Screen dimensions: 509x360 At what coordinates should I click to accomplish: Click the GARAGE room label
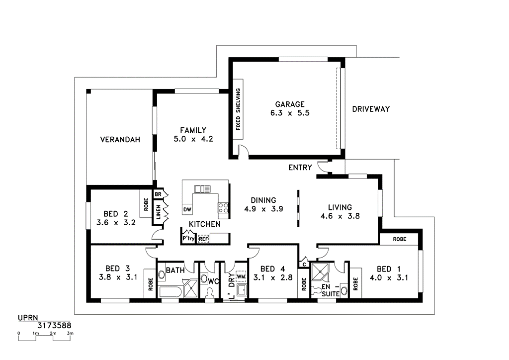pyautogui.click(x=290, y=104)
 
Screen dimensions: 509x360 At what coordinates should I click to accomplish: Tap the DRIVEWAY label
pyautogui.click(x=371, y=109)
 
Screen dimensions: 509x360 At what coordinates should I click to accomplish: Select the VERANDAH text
pyautogui.click(x=120, y=140)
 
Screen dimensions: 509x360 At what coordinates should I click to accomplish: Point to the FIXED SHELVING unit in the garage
pyautogui.click(x=238, y=109)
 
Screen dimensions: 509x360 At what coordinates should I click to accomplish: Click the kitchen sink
pyautogui.click(x=202, y=188)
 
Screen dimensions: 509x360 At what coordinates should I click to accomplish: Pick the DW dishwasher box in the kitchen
pyautogui.click(x=187, y=209)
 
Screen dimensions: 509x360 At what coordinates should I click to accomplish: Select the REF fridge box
pyautogui.click(x=203, y=239)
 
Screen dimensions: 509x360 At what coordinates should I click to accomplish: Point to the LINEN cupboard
pyautogui.click(x=159, y=212)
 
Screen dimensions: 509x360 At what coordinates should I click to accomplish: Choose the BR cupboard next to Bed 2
pyautogui.click(x=159, y=194)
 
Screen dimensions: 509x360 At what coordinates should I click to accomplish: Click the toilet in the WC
pyautogui.click(x=209, y=293)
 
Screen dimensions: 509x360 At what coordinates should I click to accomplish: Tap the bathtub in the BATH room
pyautogui.click(x=170, y=292)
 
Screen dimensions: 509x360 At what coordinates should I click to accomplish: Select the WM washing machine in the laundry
pyautogui.click(x=241, y=276)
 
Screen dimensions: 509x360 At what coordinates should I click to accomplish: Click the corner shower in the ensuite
pyautogui.click(x=321, y=272)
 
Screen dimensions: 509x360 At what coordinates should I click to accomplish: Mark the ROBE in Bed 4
pyautogui.click(x=304, y=284)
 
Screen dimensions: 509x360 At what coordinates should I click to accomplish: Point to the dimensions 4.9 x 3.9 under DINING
pyautogui.click(x=263, y=209)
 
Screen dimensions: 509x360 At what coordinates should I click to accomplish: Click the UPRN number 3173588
pyautogui.click(x=54, y=325)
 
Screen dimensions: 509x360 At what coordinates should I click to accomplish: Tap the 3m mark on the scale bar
pyautogui.click(x=70, y=333)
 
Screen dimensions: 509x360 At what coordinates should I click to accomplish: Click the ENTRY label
pyautogui.click(x=300, y=168)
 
